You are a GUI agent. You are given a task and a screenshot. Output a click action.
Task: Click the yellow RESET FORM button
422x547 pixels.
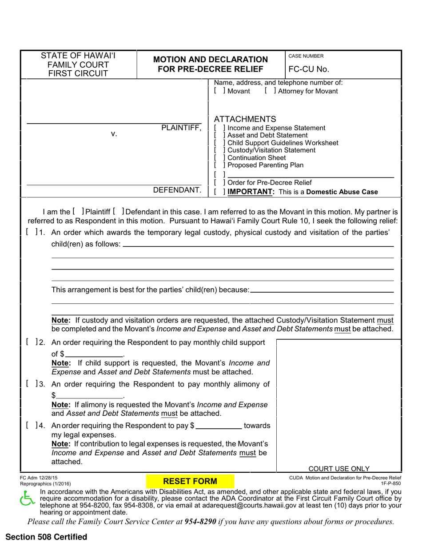[x=191, y=481]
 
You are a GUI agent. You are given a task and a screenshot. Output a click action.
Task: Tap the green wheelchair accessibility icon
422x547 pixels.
[x=27, y=500]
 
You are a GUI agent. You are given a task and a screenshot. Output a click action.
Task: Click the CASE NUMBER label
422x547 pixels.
[x=306, y=56]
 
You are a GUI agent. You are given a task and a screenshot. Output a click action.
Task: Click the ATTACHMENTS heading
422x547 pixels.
[x=245, y=119]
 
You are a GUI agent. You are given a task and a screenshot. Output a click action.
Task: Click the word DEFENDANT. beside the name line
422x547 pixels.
[x=177, y=190]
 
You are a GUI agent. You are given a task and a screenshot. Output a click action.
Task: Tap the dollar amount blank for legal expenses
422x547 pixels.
[x=219, y=426]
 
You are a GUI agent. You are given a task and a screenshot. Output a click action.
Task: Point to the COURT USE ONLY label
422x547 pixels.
[x=339, y=468]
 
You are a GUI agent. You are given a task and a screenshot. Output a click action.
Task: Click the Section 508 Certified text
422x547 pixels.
[x=47, y=537]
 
